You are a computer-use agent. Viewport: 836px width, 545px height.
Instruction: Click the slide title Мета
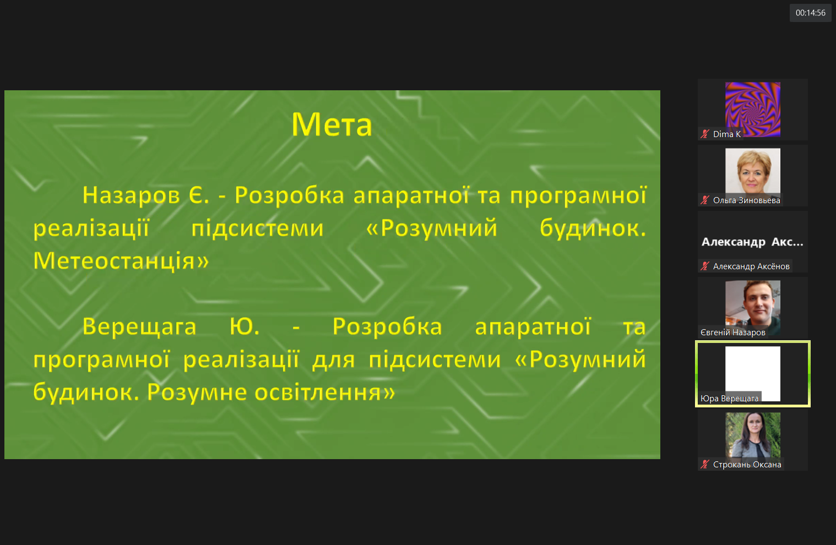[x=332, y=124]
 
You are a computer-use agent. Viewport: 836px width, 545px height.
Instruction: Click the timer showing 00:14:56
[x=810, y=13]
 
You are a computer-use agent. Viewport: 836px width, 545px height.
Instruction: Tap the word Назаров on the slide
[x=131, y=195]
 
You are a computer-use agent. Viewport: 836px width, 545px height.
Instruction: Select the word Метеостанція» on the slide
[x=121, y=260]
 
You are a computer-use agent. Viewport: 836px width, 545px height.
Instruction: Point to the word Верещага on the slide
[x=139, y=327]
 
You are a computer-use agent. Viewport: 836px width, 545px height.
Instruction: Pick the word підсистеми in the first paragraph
[x=257, y=228]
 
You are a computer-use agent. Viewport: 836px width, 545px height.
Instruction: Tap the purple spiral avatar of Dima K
[x=752, y=110]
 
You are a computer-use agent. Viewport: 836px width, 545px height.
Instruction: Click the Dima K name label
[x=726, y=134]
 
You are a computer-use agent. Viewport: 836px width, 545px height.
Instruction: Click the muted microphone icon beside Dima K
[x=704, y=134]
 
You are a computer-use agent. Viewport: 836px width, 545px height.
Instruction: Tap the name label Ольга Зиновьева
[x=746, y=200]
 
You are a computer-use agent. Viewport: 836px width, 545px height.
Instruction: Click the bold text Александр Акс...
[x=752, y=242]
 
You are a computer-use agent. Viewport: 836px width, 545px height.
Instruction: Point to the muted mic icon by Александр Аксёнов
[x=704, y=266]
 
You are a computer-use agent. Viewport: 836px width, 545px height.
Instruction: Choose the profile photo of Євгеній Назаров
[x=752, y=308]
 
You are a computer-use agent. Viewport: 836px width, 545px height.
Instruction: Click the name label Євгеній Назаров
[x=732, y=333]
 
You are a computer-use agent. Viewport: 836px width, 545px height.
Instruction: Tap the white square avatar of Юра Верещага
[x=752, y=374]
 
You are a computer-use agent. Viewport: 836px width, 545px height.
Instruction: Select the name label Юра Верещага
[x=729, y=399]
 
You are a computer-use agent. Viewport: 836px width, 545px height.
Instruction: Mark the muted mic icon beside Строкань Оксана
[x=704, y=465]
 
